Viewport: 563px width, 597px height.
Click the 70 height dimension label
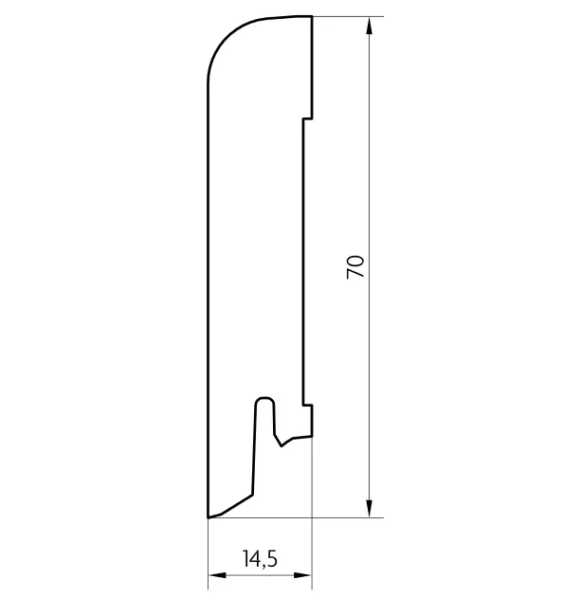(x=355, y=267)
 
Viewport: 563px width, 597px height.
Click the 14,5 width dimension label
(x=260, y=559)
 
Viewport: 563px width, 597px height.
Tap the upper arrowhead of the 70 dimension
(x=369, y=26)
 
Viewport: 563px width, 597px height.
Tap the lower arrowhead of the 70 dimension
(x=369, y=508)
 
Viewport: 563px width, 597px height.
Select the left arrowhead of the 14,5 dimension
(x=217, y=575)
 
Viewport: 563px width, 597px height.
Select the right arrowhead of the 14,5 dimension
(x=303, y=575)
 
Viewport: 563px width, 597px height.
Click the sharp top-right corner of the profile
(x=312, y=16)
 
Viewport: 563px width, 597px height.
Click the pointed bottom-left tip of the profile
(x=208, y=517)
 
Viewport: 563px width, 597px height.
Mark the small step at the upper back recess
(x=308, y=118)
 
